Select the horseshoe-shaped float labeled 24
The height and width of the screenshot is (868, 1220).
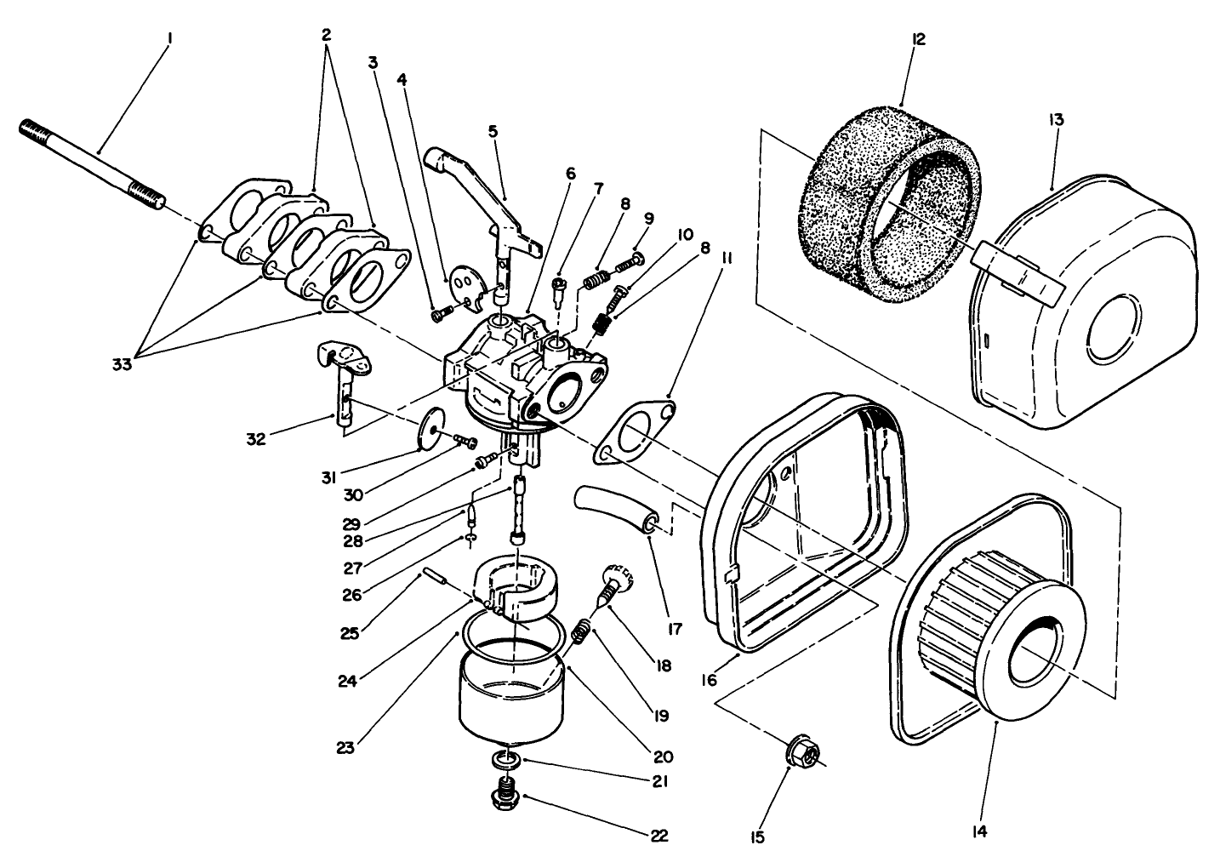pos(519,587)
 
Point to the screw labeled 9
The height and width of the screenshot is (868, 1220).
pos(630,260)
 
